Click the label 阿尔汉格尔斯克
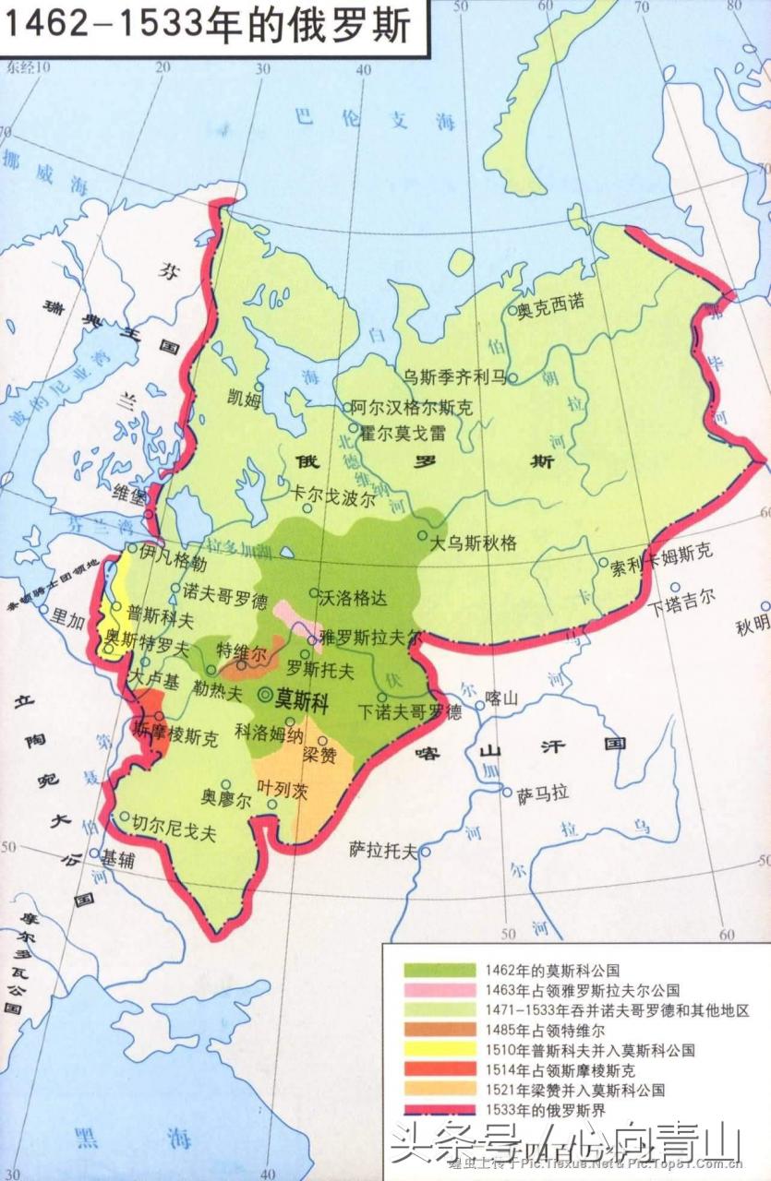[x=412, y=407]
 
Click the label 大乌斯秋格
[x=475, y=543]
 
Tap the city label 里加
[x=67, y=619]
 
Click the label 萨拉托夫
[x=384, y=850]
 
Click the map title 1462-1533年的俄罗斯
[x=208, y=25]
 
